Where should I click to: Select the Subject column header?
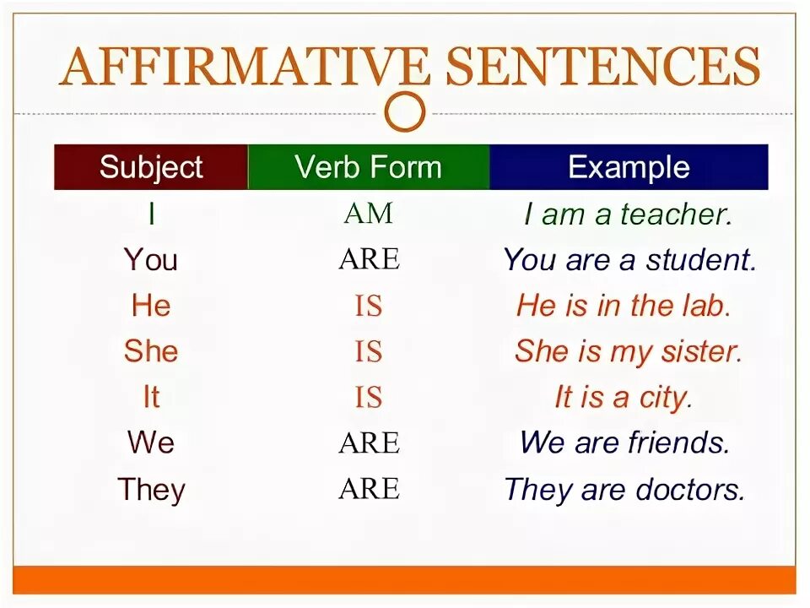pos(151,166)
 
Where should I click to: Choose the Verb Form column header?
pos(368,166)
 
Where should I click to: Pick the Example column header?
pos(629,166)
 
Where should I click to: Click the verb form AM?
pos(369,214)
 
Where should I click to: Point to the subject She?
pos(151,350)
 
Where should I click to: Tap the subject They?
pos(151,489)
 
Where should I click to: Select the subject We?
pos(151,442)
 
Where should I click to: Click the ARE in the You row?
pos(369,259)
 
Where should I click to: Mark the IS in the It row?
pos(369,397)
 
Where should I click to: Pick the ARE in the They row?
pos(369,489)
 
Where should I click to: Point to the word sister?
pos(700,351)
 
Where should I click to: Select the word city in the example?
pos(664,397)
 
